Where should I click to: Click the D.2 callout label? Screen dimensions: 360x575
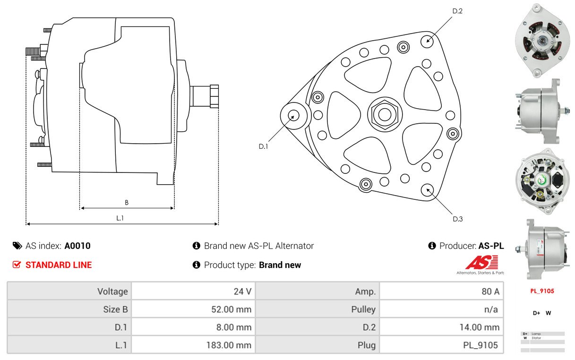[x=457, y=11]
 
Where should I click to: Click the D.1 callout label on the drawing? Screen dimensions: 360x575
[x=263, y=146]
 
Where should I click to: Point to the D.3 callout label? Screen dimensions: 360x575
[x=457, y=219]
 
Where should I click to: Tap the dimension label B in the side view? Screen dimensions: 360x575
[x=127, y=203]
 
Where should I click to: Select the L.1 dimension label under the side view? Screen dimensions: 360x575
[x=120, y=218]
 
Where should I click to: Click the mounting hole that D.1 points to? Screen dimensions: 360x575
[x=293, y=115]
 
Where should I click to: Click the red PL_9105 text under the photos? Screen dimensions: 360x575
[x=541, y=291]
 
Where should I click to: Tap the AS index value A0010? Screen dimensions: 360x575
[x=77, y=246]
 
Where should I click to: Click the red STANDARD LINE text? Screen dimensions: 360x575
[x=59, y=265]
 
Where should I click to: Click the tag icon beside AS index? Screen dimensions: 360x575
[x=17, y=246]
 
